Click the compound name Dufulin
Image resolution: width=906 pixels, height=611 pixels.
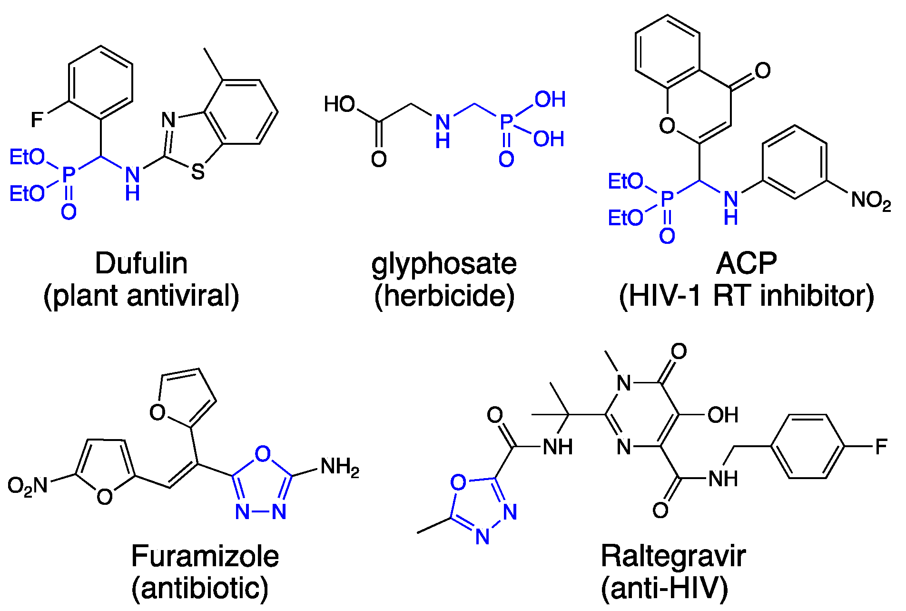[141, 263]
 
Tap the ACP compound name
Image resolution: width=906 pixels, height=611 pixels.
[746, 263]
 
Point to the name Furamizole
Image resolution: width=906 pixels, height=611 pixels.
[205, 556]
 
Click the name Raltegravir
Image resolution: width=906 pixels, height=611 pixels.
[673, 556]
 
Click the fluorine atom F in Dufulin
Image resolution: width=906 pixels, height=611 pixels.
[37, 120]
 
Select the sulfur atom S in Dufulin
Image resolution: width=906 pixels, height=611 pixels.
[198, 172]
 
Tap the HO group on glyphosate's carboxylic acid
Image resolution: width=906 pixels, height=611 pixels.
[339, 104]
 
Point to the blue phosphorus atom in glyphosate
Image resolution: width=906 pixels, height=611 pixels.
[506, 122]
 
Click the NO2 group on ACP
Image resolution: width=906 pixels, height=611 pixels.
[870, 200]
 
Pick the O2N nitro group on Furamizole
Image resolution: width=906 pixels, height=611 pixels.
[28, 486]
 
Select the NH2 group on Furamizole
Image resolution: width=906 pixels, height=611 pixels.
[340, 467]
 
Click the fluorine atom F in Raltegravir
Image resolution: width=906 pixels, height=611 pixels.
[881, 447]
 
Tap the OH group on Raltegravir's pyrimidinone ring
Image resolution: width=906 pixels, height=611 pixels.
[723, 415]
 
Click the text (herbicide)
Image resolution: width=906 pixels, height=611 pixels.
[444, 296]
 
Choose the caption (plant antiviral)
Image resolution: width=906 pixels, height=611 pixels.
[141, 296]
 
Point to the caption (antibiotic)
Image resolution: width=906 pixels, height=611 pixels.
[200, 588]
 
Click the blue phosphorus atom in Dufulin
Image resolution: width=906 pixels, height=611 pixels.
[69, 175]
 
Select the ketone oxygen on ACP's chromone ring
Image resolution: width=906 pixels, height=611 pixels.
[762, 70]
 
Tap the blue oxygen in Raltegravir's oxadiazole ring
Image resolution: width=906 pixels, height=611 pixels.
[458, 482]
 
